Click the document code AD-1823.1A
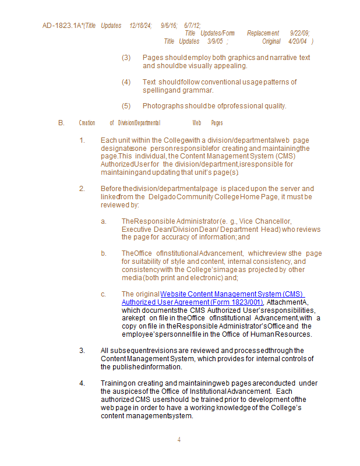click(x=61, y=26)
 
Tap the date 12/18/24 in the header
click(x=140, y=26)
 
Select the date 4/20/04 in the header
click(x=298, y=41)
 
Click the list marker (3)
click(x=126, y=58)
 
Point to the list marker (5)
click(x=126, y=106)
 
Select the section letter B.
click(x=61, y=123)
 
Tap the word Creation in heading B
click(x=87, y=123)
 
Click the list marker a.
click(x=103, y=221)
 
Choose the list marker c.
click(x=103, y=294)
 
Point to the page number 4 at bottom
click(x=179, y=439)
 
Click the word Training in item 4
click(x=114, y=383)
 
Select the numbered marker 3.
click(x=82, y=351)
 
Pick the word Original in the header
click(x=271, y=41)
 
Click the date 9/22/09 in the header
click(x=299, y=33)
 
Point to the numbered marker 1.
click(x=82, y=140)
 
